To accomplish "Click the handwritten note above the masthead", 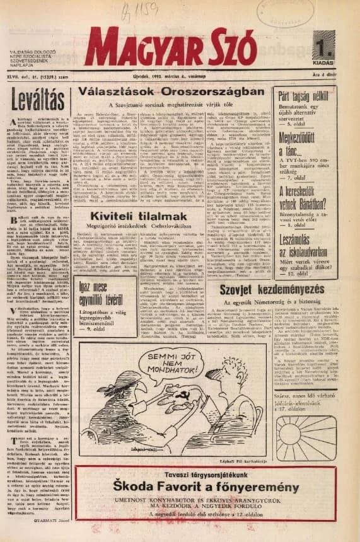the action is tap(146, 10).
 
